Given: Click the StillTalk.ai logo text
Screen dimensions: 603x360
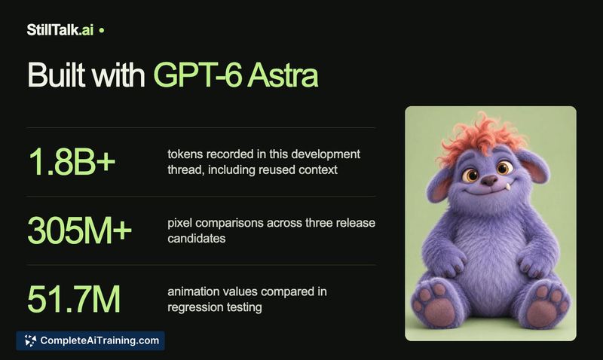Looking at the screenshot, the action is tap(60, 30).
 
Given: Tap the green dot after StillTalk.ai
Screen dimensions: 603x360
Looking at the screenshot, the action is tap(102, 30).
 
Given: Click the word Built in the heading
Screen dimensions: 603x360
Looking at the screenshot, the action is tap(57, 75).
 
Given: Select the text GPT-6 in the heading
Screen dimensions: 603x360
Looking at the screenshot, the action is tap(197, 75).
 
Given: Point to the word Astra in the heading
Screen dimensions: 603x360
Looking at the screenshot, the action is tap(283, 75).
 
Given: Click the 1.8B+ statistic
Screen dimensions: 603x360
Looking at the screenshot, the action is tap(72, 161).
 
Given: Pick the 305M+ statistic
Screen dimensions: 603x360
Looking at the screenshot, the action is tap(80, 230).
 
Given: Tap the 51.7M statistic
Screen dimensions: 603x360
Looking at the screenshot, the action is tap(74, 299).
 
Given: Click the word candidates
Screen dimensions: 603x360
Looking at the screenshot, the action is tap(197, 238).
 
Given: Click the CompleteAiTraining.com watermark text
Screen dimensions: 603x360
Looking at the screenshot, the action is tap(99, 340).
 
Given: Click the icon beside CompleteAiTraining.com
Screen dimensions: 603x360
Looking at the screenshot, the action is tap(30, 340).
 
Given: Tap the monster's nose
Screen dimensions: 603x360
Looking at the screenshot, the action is tap(490, 180).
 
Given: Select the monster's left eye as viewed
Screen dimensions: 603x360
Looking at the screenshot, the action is tap(470, 175).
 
